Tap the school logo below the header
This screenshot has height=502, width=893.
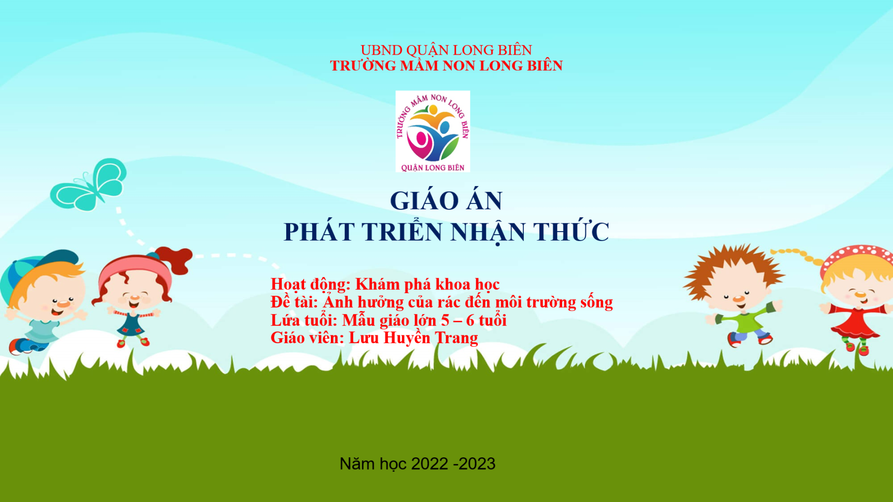(433, 131)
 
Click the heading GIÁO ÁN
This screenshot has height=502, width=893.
(446, 200)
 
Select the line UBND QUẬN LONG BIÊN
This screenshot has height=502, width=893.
(446, 50)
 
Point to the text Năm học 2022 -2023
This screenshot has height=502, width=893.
(417, 464)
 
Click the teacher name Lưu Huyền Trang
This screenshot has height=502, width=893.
(413, 338)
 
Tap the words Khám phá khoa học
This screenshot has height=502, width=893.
(427, 284)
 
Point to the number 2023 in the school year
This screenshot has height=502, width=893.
(477, 464)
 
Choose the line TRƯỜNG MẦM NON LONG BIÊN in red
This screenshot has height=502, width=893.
(446, 65)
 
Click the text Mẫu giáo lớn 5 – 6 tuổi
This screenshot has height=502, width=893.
(424, 320)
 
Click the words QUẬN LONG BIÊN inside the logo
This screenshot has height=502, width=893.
(433, 168)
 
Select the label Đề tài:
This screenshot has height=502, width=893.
(294, 302)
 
